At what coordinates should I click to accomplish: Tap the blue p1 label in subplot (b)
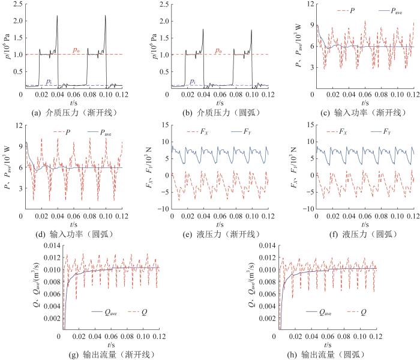click(x=193, y=80)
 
